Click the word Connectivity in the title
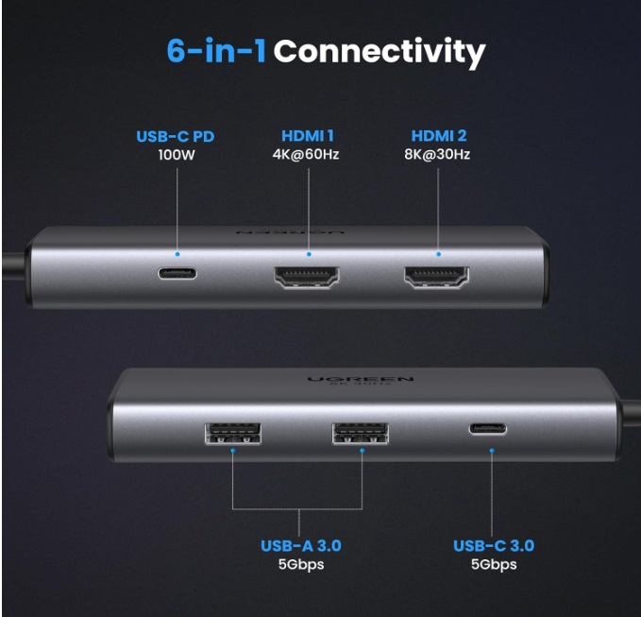pyautogui.click(x=380, y=52)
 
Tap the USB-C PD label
pyautogui.click(x=176, y=137)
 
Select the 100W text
pyautogui.click(x=177, y=155)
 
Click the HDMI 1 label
pyautogui.click(x=308, y=136)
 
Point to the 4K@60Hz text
pyautogui.click(x=306, y=155)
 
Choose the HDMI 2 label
pyautogui.click(x=439, y=136)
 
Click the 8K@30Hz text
pyautogui.click(x=437, y=155)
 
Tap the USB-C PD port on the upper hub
pyautogui.click(x=177, y=273)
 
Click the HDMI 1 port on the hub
pyautogui.click(x=307, y=278)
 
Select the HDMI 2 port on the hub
pyautogui.click(x=436, y=278)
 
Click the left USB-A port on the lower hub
pyautogui.click(x=232, y=434)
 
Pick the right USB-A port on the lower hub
pyautogui.click(x=361, y=434)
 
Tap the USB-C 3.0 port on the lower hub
pyautogui.click(x=488, y=429)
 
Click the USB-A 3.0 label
pyautogui.click(x=301, y=546)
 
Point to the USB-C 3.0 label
pyautogui.click(x=494, y=546)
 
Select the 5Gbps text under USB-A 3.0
pyautogui.click(x=301, y=564)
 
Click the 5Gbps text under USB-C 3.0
pyautogui.click(x=494, y=564)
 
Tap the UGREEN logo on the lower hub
pyautogui.click(x=361, y=380)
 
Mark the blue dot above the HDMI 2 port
pyautogui.click(x=438, y=254)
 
